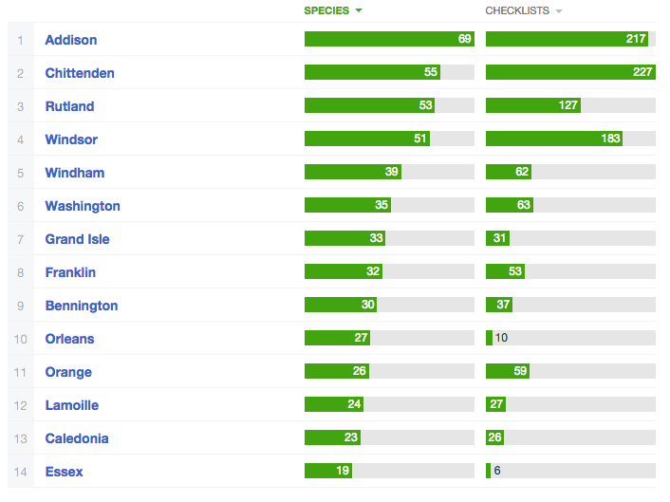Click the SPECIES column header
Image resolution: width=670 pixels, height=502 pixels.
pyautogui.click(x=326, y=11)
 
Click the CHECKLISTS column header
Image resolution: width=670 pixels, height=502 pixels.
pyautogui.click(x=517, y=11)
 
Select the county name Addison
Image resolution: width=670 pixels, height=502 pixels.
pyautogui.click(x=71, y=40)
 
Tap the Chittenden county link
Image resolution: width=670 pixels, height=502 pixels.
pyautogui.click(x=81, y=73)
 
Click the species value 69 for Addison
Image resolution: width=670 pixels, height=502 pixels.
pyautogui.click(x=465, y=39)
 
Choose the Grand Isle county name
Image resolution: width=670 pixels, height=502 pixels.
pyautogui.click(x=77, y=239)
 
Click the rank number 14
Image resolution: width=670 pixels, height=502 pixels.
pyautogui.click(x=20, y=472)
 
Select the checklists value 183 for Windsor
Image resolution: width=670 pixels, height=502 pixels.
pyautogui.click(x=609, y=139)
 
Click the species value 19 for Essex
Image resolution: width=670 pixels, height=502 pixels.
pyautogui.click(x=343, y=471)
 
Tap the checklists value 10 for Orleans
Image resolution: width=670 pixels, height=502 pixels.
pyautogui.click(x=501, y=338)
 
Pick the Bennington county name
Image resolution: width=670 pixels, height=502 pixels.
pyautogui.click(x=82, y=306)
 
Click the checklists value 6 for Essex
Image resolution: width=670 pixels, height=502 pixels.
pyautogui.click(x=497, y=471)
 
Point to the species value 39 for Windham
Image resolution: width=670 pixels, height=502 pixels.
pyautogui.click(x=391, y=172)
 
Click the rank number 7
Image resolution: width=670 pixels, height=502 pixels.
pyautogui.click(x=20, y=239)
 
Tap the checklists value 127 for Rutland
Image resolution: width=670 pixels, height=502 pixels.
pyautogui.click(x=568, y=105)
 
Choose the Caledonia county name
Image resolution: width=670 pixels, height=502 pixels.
pyautogui.click(x=77, y=438)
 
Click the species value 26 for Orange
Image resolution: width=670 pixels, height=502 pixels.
pyautogui.click(x=360, y=371)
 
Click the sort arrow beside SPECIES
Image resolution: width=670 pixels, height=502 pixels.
pyautogui.click(x=359, y=11)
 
